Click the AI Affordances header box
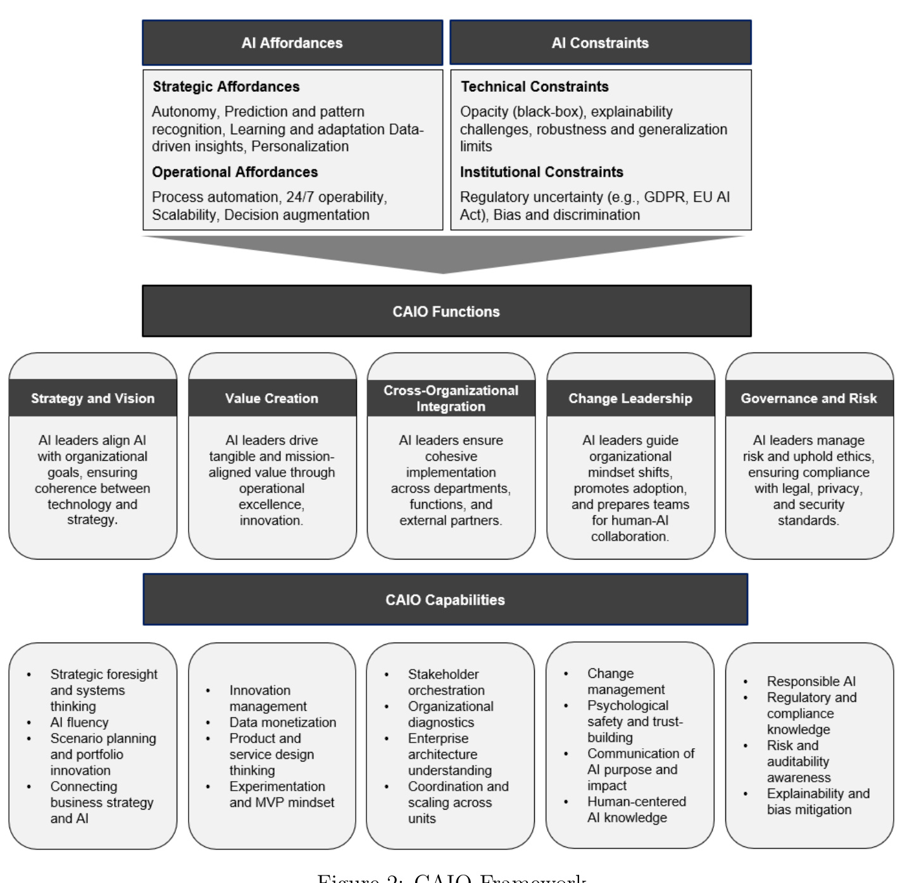[x=292, y=43]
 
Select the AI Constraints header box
[x=600, y=43]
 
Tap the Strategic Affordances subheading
[x=226, y=87]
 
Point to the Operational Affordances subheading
[x=235, y=172]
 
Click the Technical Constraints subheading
[x=534, y=87]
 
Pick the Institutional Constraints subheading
[x=541, y=172]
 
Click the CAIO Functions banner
[x=446, y=311]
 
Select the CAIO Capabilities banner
[x=445, y=600]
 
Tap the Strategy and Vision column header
[x=93, y=398]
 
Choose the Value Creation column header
[x=272, y=398]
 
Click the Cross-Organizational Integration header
[x=451, y=398]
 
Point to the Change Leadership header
[x=630, y=398]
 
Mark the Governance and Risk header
[x=809, y=398]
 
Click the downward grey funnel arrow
[x=443, y=253]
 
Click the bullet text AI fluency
[x=79, y=722]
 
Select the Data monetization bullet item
[x=282, y=722]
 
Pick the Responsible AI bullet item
[x=811, y=682]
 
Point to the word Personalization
[x=300, y=146]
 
